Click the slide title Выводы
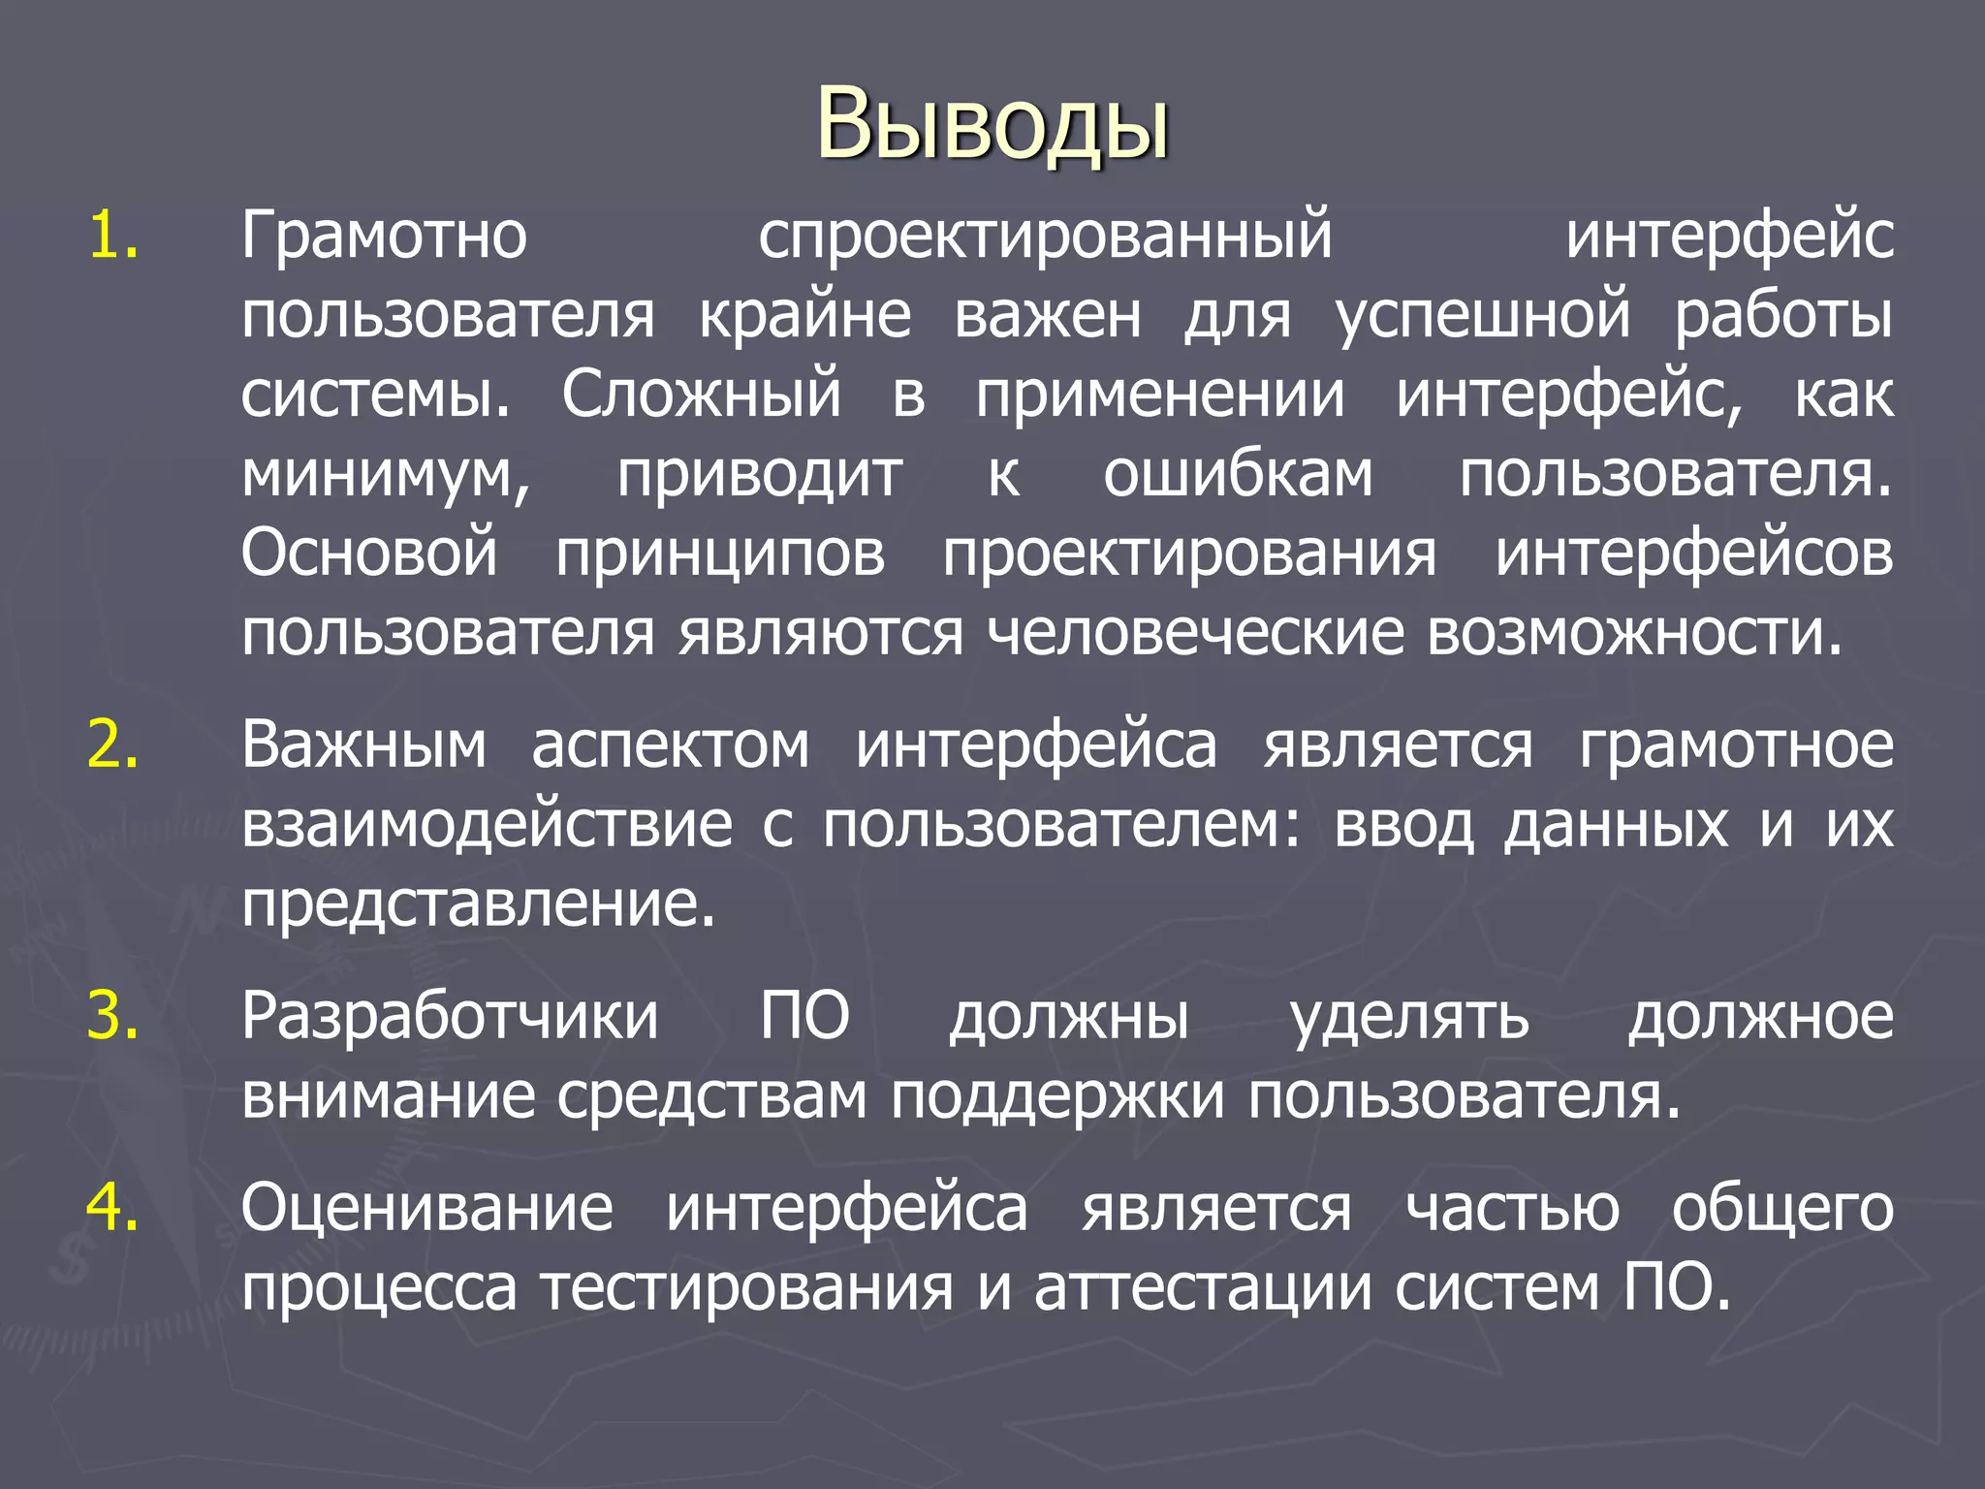tap(992, 124)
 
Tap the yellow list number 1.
tap(112, 236)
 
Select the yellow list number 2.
tap(112, 745)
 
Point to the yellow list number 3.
tap(112, 1016)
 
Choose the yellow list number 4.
tap(112, 1208)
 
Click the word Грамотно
tap(384, 236)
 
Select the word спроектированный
tap(1045, 238)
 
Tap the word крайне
tap(805, 317)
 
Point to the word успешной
tap(1483, 317)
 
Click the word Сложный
tap(702, 396)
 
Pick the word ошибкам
tap(1238, 475)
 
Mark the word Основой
tap(369, 553)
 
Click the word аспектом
tap(671, 745)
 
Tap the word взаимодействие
tap(487, 826)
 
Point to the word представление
tap(478, 905)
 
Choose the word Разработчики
tap(450, 1016)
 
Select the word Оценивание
tap(427, 1209)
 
